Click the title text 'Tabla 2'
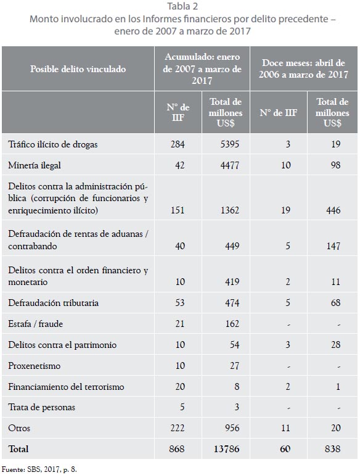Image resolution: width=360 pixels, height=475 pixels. pos(182,6)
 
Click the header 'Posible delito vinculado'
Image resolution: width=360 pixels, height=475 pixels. pos(78,69)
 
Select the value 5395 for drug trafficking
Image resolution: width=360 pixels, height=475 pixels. pos(230,144)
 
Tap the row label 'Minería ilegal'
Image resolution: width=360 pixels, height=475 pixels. pos(35,165)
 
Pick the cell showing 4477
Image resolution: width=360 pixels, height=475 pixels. pos(230,165)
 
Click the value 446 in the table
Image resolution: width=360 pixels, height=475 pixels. pos(333,210)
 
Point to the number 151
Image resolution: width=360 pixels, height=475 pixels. pos(178,210)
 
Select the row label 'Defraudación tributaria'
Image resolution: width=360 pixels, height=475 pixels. pos(53,303)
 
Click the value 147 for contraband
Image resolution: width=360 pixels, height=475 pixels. pos(333,246)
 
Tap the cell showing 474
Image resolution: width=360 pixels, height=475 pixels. pos(232,303)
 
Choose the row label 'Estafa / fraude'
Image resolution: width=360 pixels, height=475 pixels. pos(35,324)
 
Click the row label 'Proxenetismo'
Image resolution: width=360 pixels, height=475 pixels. pos(35,366)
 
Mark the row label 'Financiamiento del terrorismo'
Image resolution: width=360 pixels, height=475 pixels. pos(66,387)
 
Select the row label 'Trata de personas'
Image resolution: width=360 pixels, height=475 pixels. pos(41,407)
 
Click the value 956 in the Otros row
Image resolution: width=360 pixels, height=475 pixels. pos(232,428)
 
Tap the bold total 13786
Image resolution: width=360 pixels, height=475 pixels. pos(226,449)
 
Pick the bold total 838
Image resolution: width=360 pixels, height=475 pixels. pos(332,449)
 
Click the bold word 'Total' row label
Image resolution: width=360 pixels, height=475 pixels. pos(18,449)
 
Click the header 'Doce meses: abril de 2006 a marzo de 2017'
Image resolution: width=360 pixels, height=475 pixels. pos(303,68)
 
